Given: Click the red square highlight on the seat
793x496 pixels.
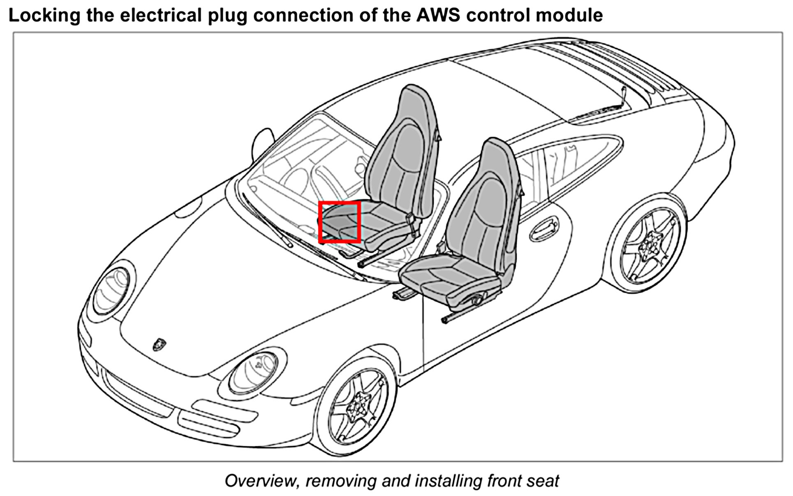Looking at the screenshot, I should (x=340, y=222).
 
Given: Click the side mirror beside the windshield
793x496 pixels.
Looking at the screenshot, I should (x=263, y=142).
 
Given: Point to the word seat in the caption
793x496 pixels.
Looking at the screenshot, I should (x=543, y=480).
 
